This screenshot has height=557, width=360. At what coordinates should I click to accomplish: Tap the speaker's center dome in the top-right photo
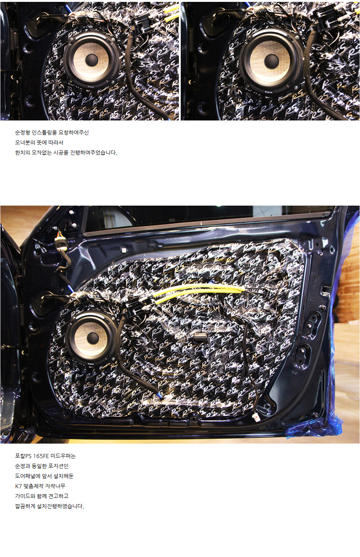click(x=271, y=61)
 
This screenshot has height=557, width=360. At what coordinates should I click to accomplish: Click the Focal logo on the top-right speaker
click(x=269, y=92)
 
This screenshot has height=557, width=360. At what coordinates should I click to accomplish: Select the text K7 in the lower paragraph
click(x=19, y=486)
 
